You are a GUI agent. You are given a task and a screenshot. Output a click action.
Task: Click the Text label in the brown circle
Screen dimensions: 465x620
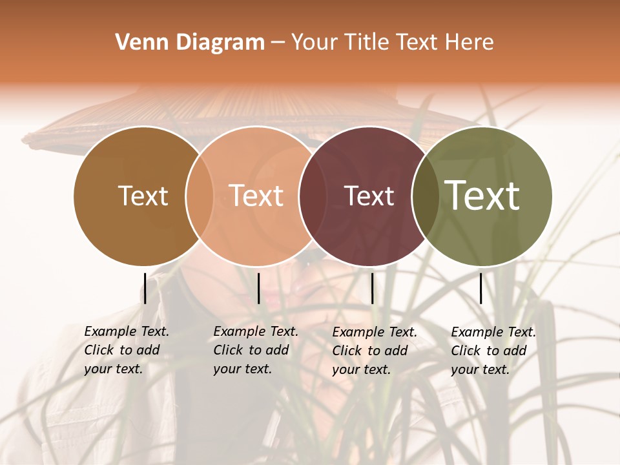point(143,196)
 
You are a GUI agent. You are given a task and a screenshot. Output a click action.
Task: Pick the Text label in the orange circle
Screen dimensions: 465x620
point(256,196)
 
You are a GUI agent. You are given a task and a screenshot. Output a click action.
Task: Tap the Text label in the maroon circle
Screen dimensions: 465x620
point(369,196)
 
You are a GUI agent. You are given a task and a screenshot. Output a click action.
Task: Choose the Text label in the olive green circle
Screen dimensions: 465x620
point(482,195)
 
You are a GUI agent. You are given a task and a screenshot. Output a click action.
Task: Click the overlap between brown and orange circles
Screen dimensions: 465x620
point(200,196)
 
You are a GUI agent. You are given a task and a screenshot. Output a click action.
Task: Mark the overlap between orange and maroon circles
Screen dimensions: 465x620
point(312,196)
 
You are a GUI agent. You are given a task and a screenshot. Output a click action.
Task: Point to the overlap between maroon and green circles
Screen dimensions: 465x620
point(424,196)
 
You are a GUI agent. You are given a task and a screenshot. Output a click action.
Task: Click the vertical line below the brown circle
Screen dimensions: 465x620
point(145,288)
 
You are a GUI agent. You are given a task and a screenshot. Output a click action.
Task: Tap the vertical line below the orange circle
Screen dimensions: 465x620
point(258,288)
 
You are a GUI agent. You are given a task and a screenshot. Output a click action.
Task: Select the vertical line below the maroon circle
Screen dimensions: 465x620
point(372,288)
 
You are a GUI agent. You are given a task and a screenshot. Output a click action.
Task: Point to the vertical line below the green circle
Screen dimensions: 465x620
point(480,288)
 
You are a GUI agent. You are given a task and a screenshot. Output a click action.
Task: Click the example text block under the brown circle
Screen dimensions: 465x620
point(127,350)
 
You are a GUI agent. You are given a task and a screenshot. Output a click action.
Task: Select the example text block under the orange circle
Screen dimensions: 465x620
point(256,350)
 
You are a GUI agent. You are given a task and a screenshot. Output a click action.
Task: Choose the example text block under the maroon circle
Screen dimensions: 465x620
point(375,351)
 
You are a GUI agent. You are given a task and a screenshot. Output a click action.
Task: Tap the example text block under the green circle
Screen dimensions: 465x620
point(493,351)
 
